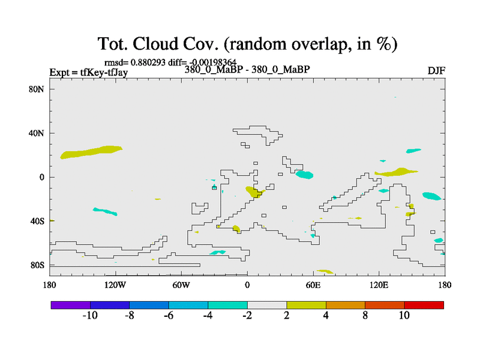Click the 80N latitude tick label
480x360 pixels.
[37, 89]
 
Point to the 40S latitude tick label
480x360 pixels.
[38, 221]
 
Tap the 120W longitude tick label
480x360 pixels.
[115, 286]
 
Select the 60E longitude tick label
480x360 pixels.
[313, 286]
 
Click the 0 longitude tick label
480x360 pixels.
[247, 286]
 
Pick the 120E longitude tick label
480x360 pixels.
[379, 286]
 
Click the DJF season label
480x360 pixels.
[437, 71]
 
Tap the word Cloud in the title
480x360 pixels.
[155, 43]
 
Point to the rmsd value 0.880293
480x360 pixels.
[148, 62]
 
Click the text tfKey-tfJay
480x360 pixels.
[104, 73]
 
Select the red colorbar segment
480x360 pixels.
[424, 305]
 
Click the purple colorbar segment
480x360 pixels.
[71, 305]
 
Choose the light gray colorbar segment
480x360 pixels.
[267, 305]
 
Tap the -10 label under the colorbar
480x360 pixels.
[90, 316]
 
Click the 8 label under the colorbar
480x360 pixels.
[365, 316]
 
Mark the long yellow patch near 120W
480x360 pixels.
[91, 152]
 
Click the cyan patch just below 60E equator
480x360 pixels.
[304, 175]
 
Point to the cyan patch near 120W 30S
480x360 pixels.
[105, 211]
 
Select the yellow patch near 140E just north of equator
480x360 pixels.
[396, 172]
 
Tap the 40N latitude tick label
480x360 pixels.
[37, 133]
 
